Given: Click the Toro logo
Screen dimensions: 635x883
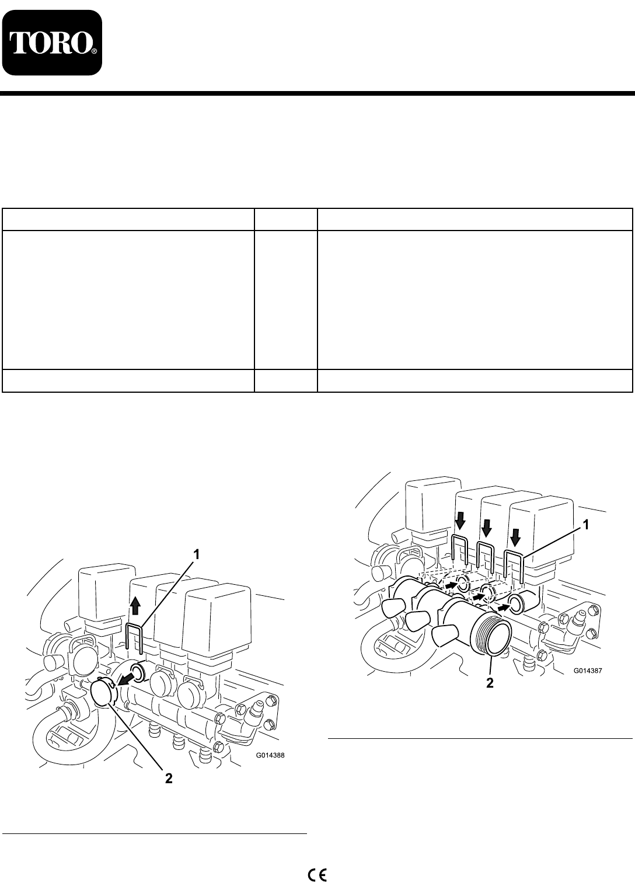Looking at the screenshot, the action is (x=51, y=43).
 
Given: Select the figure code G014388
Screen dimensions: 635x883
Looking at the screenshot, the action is (x=270, y=756).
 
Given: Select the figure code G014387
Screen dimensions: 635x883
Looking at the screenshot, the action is (x=588, y=670).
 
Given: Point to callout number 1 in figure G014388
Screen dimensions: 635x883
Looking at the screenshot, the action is (x=196, y=555).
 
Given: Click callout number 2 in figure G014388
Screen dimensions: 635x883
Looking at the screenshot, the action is (x=169, y=779).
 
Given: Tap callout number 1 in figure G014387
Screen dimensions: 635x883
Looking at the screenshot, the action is (x=586, y=525).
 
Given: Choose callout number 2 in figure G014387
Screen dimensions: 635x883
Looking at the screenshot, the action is (x=490, y=683).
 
